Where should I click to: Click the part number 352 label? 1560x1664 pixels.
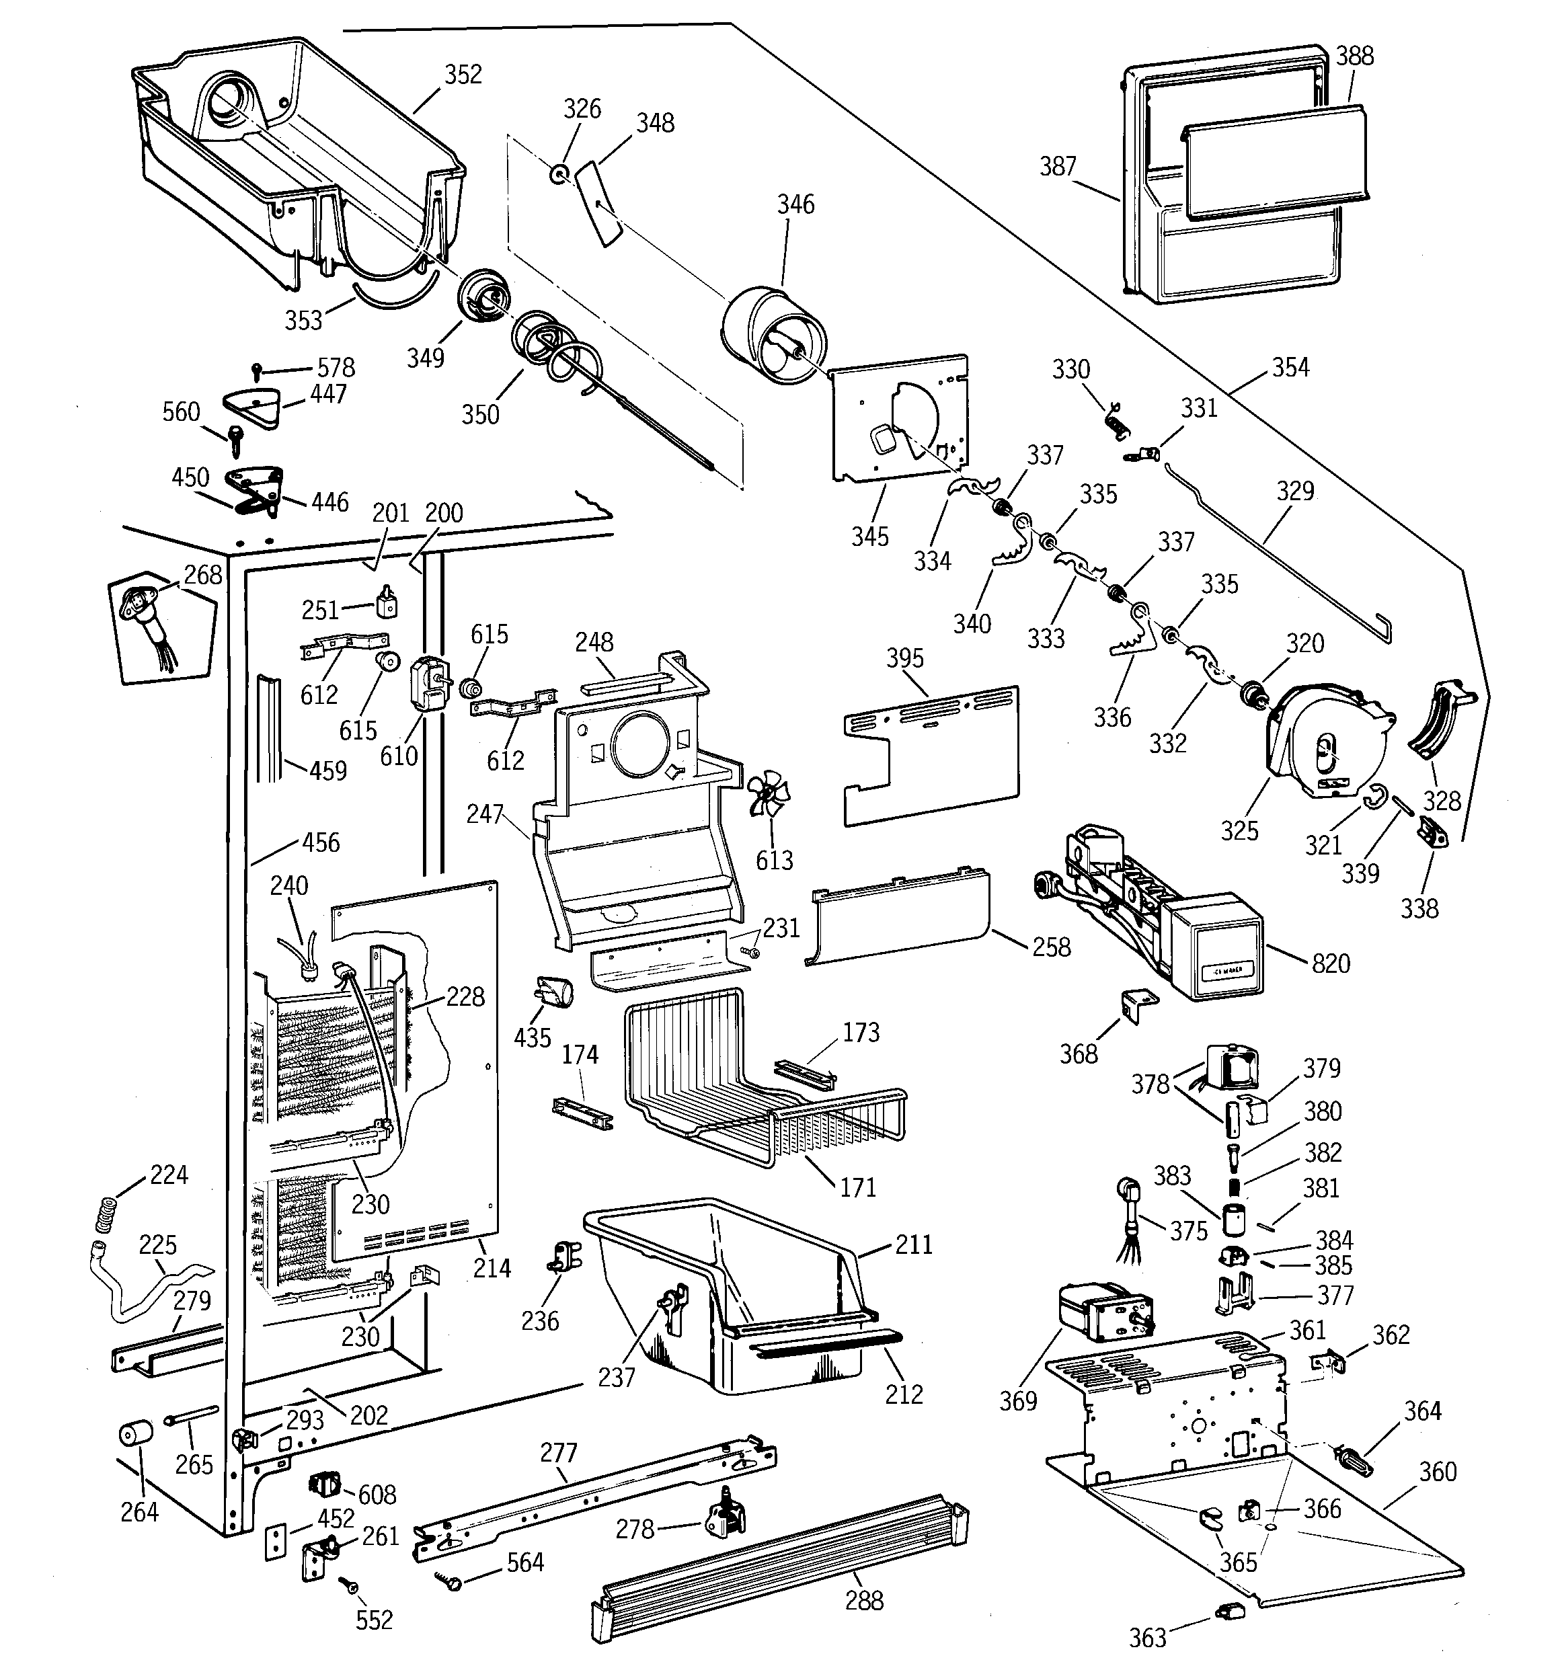pos(463,75)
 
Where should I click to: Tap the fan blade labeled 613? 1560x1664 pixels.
pos(769,795)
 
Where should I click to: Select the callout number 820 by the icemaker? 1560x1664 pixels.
pos(1331,963)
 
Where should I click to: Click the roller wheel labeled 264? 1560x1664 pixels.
pos(134,1434)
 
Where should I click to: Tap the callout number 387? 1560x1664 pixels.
pos(1058,167)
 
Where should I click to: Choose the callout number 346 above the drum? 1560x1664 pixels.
pos(795,204)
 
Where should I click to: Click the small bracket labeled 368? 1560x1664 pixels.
pos(1137,1004)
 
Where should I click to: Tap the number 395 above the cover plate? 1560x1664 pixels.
pos(904,658)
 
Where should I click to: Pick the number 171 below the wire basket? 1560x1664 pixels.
pos(857,1187)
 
